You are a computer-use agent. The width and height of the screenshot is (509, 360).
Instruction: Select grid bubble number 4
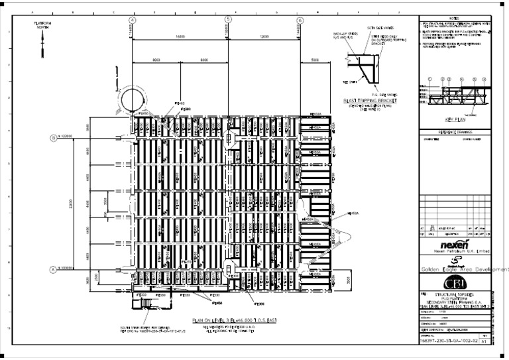tap(133, 20)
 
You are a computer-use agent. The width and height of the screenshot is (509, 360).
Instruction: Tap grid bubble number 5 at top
tap(228, 20)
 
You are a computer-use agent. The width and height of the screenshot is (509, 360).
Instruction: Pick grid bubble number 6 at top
tap(300, 20)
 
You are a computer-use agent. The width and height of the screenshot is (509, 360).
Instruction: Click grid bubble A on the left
tap(52, 269)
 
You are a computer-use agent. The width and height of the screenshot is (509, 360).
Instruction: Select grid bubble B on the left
tap(52, 138)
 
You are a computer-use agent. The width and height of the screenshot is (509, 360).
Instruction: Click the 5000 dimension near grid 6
tap(314, 60)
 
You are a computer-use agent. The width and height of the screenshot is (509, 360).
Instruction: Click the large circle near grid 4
tap(135, 100)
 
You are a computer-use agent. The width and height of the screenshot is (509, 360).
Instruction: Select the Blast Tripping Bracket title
tap(369, 101)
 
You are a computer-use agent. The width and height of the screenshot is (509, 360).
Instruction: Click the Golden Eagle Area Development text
tap(464, 270)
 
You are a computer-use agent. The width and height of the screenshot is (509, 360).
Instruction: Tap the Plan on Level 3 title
tap(227, 320)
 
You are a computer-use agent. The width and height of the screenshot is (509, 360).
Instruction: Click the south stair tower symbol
tap(142, 304)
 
